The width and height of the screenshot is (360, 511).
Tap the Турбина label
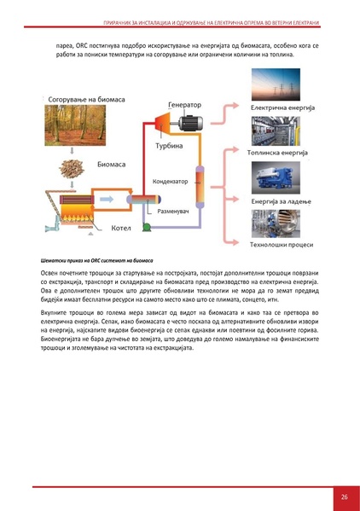[168, 145]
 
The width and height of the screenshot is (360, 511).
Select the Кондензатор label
[170, 181]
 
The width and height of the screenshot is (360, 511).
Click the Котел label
[119, 228]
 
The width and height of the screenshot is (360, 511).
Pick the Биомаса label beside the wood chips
[115, 162]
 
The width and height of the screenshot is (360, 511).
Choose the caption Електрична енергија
[282, 108]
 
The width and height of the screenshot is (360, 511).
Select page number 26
[343, 496]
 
